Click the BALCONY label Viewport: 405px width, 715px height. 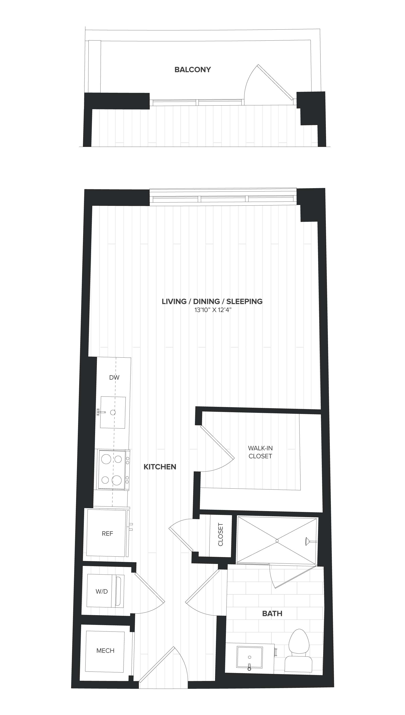point(193,70)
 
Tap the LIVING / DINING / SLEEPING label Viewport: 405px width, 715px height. point(212,301)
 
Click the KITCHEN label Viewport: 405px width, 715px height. point(160,467)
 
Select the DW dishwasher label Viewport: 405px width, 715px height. point(114,377)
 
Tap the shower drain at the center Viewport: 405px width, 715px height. point(277,541)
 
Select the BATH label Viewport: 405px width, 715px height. point(272,613)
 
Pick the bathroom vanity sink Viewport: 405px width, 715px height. point(249,657)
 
